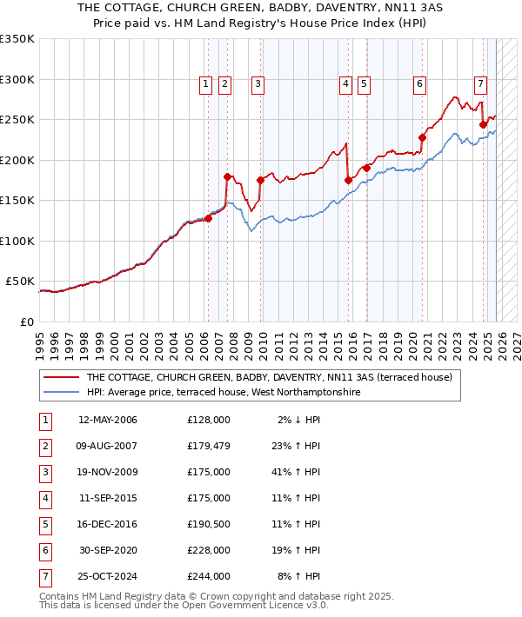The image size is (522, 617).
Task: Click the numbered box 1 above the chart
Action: tap(205, 84)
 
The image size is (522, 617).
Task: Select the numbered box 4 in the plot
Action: tap(345, 84)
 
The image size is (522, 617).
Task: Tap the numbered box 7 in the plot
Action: tap(480, 84)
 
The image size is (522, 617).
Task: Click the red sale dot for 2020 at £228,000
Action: tap(422, 137)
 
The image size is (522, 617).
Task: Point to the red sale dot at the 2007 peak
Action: tap(227, 176)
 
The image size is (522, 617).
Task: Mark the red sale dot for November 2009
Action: tap(260, 180)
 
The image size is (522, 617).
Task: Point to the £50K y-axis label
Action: tap(20, 282)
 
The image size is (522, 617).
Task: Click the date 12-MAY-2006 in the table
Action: tap(108, 420)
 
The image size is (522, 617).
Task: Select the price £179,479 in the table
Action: tap(208, 446)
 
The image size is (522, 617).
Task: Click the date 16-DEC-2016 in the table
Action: tap(108, 524)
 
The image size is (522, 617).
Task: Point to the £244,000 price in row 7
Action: tap(208, 576)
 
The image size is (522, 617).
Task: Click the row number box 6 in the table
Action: tap(44, 550)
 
